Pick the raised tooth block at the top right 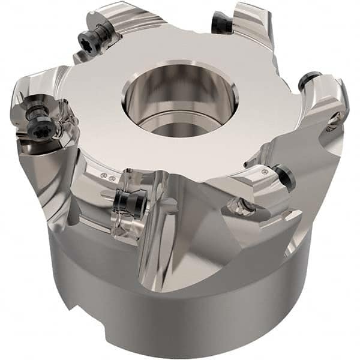[252, 24]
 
